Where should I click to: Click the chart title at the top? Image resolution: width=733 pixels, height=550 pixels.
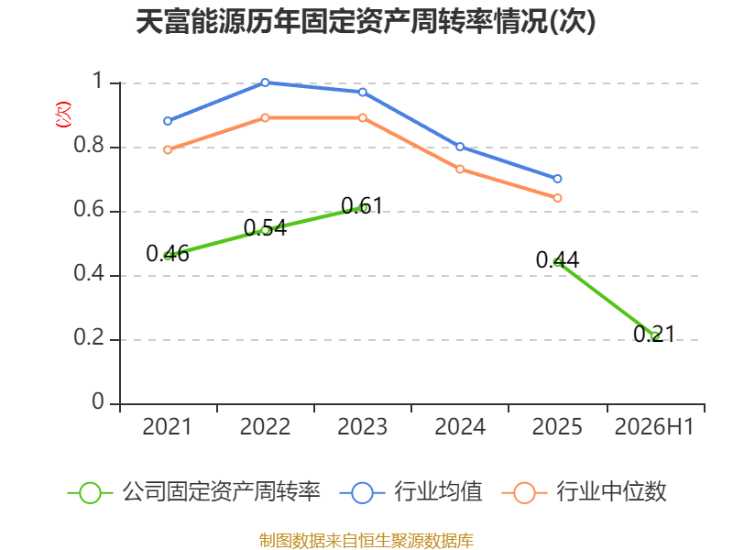tap(366, 21)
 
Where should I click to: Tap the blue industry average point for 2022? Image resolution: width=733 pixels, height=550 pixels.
tap(265, 82)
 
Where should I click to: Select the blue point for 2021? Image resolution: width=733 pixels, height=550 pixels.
tap(168, 121)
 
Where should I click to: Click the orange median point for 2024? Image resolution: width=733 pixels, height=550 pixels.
tap(460, 169)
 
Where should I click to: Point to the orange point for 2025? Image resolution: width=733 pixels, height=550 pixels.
tap(557, 198)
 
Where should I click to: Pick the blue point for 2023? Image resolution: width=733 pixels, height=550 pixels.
tap(363, 93)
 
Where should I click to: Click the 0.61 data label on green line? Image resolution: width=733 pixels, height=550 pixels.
tap(362, 205)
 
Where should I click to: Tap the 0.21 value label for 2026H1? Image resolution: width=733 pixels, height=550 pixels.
tap(654, 334)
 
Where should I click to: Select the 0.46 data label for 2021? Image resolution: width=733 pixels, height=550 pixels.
tap(168, 254)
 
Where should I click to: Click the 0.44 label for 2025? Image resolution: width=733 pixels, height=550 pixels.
tap(557, 260)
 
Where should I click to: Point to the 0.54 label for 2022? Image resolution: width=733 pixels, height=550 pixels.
tap(265, 228)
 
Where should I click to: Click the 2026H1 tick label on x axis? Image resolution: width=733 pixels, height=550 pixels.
tap(654, 426)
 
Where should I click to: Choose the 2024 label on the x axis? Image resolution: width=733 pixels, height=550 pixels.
tap(460, 426)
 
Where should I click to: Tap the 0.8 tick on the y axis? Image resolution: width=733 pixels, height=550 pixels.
tap(88, 145)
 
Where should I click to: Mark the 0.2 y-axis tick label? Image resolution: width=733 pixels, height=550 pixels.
tap(88, 337)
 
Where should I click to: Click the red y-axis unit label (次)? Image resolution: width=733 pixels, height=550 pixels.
tap(63, 115)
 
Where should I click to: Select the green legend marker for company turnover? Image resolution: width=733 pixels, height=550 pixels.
tap(90, 493)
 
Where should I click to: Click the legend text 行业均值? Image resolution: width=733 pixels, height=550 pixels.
tap(438, 491)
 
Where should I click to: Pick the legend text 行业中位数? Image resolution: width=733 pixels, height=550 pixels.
tap(611, 491)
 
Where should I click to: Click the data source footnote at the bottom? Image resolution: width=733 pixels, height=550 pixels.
tap(366, 541)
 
